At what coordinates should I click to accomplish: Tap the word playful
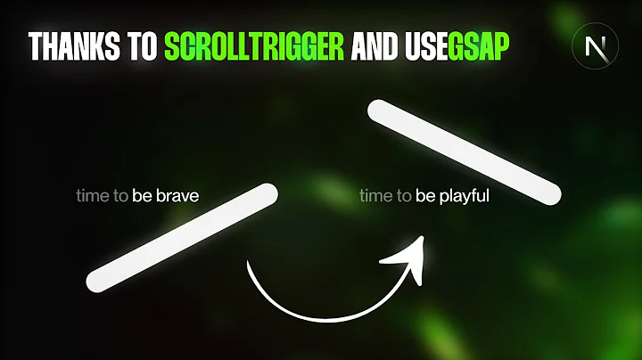(x=464, y=193)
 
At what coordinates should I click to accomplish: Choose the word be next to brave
(x=143, y=193)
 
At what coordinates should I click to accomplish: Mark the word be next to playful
(x=426, y=193)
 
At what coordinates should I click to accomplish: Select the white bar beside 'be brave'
(x=183, y=233)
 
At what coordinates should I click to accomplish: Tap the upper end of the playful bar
(x=376, y=111)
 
